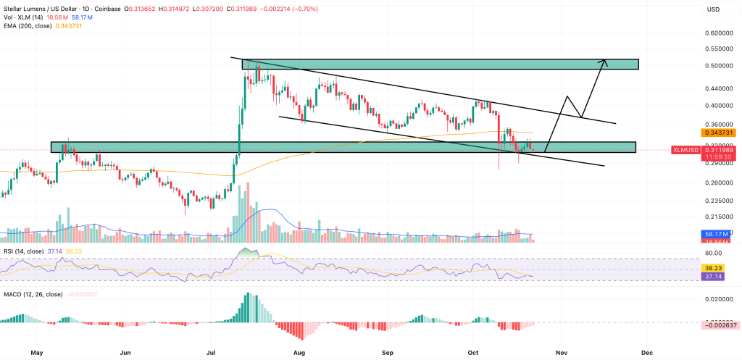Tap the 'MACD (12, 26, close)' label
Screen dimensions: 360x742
click(x=31, y=294)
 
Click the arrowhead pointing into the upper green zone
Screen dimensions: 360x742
click(x=603, y=63)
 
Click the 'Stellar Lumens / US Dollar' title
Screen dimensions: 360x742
click(x=44, y=7)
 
